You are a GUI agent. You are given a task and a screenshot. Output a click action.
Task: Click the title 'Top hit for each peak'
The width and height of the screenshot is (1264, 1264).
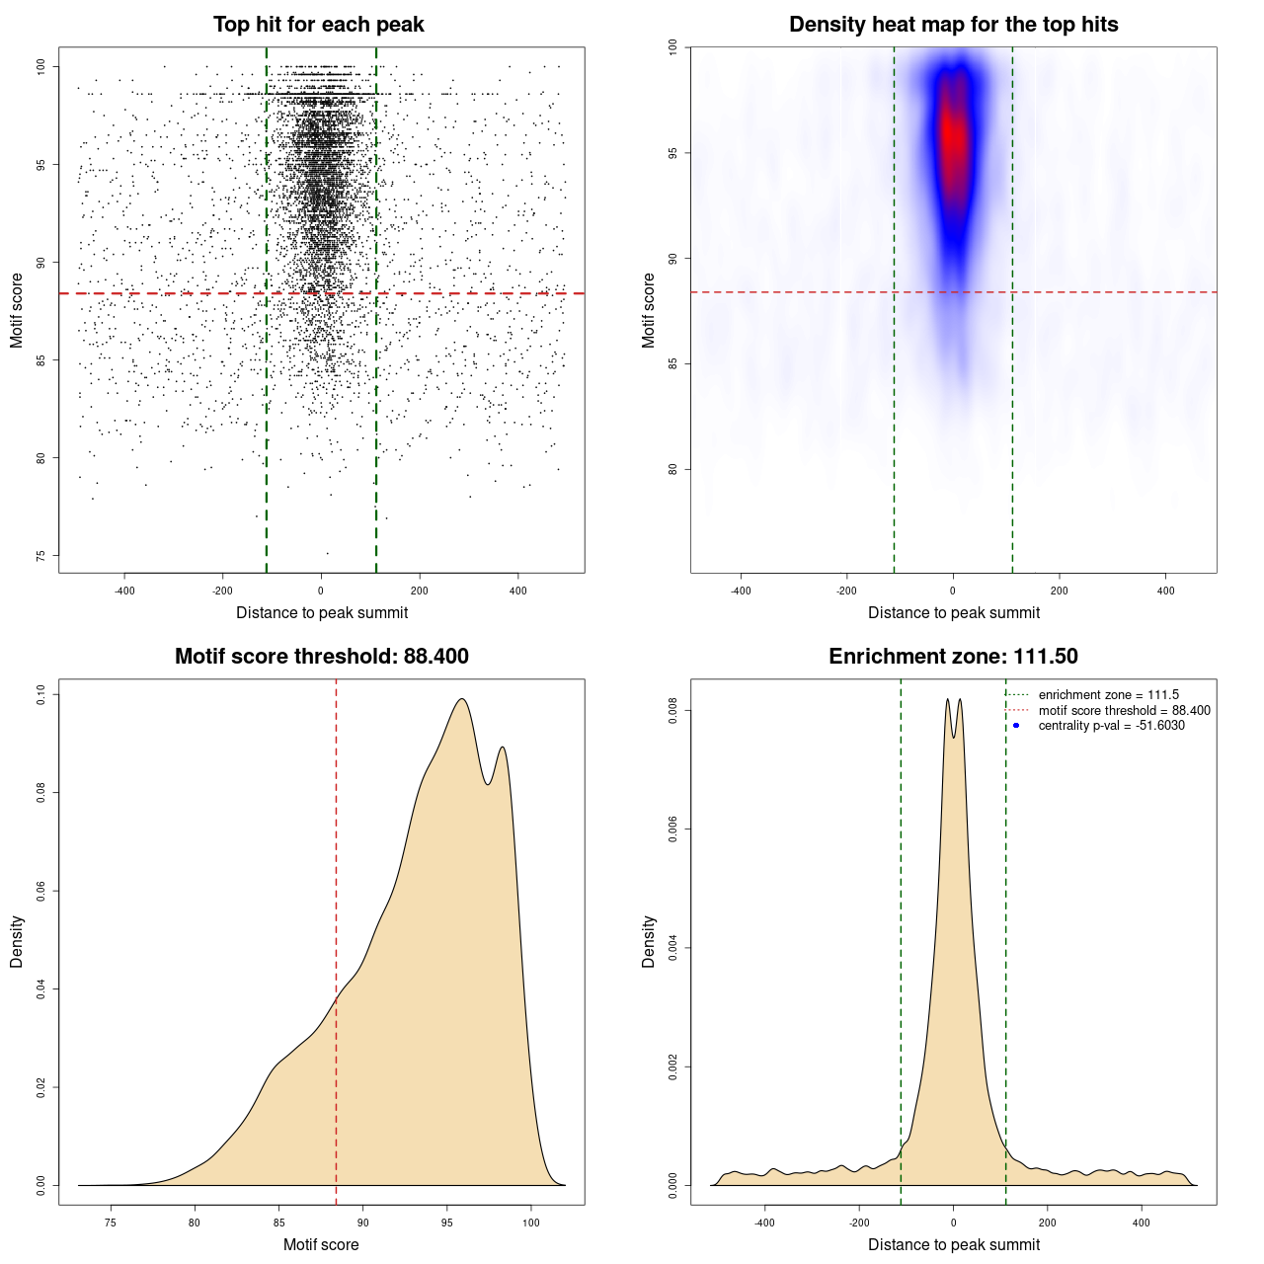coord(318,25)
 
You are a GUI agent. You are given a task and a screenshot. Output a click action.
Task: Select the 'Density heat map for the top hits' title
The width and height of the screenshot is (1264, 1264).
coord(953,25)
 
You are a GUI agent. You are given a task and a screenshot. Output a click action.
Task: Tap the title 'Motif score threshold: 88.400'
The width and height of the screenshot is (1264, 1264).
coord(321,657)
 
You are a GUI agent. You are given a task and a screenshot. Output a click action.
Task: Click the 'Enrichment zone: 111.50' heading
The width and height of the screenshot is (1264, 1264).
coord(953,657)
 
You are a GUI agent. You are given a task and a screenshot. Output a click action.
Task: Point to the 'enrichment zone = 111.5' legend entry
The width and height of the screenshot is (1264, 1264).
coord(1108,695)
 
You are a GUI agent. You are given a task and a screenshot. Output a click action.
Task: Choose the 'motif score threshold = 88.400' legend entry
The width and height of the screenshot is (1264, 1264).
coord(1124,710)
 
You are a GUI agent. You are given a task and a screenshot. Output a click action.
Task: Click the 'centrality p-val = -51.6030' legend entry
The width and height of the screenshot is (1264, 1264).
coord(1111,726)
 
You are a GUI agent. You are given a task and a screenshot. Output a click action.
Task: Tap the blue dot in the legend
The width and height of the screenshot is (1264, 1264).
coord(1016,726)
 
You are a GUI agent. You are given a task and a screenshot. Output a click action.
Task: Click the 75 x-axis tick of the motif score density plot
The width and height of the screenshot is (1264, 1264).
coord(111,1224)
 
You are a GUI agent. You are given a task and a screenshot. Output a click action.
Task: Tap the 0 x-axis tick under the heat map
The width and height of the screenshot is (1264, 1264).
coord(953,592)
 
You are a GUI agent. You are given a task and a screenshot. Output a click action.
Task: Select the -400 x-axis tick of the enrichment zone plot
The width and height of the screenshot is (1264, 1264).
coord(764,1224)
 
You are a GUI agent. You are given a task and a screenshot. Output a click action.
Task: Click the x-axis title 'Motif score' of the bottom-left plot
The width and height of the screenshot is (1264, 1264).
coord(321,1244)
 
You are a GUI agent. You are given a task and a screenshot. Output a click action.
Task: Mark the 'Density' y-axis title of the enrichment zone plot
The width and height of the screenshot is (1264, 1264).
coord(649,941)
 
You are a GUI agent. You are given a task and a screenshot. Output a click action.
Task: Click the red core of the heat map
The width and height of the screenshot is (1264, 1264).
coord(951,133)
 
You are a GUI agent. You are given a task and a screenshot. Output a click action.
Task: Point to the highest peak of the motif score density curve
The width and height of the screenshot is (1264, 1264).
coord(461,700)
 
